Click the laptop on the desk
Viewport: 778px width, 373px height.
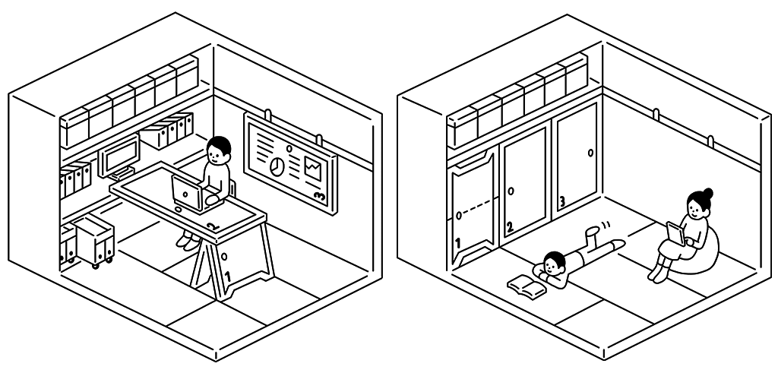(187, 192)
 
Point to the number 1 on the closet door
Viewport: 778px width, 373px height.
(458, 243)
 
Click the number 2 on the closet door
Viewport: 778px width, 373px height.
(510, 226)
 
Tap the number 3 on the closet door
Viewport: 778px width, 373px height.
(562, 202)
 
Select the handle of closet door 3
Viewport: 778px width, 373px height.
(590, 153)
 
